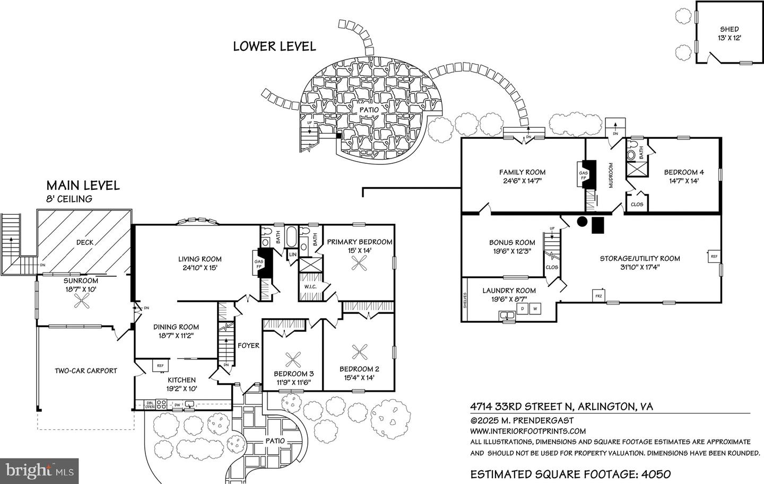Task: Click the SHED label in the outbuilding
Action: (x=729, y=29)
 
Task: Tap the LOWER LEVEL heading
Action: (x=274, y=46)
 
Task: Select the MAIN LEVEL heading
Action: (x=83, y=185)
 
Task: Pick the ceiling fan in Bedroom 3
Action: (x=293, y=360)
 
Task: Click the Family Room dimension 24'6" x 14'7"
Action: (x=522, y=180)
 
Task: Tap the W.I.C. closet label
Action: (x=310, y=287)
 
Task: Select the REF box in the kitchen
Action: (x=160, y=365)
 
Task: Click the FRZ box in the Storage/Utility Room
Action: (x=598, y=295)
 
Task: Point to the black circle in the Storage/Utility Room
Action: (x=582, y=222)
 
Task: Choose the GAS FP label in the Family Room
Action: (x=583, y=175)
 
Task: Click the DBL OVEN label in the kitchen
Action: (x=150, y=405)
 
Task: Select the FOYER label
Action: (x=248, y=346)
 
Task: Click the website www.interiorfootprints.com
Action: (x=528, y=431)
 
